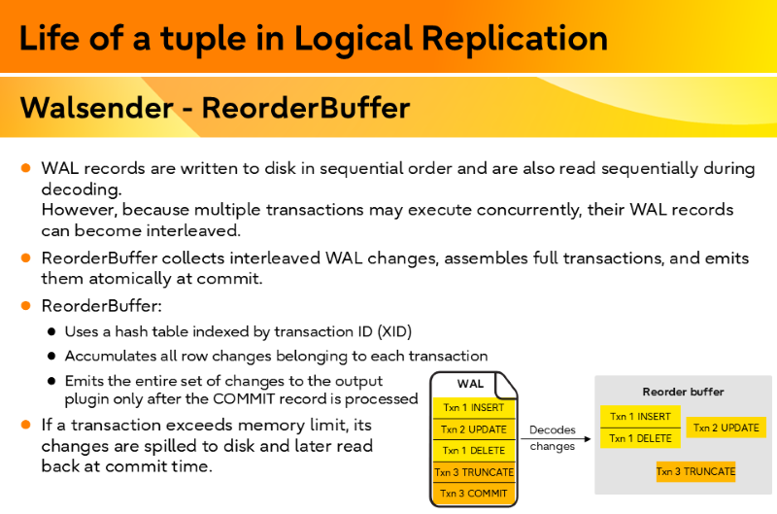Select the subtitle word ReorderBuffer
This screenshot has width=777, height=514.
(306, 107)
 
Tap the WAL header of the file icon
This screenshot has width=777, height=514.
(470, 384)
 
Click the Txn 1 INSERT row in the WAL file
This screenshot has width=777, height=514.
(473, 408)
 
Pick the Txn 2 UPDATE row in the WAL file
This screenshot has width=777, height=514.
(473, 429)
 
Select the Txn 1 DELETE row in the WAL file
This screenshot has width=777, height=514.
(473, 451)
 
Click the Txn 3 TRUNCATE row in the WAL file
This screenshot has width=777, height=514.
(473, 472)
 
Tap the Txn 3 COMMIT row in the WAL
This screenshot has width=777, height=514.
(473, 494)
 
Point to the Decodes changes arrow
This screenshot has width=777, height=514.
(555, 439)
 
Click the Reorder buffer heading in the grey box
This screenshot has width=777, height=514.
(683, 392)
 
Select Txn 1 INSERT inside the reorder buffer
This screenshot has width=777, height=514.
(640, 417)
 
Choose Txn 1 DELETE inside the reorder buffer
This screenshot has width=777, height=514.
(640, 438)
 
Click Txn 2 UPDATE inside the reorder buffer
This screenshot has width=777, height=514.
(726, 428)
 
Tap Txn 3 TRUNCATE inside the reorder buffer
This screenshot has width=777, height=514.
(695, 472)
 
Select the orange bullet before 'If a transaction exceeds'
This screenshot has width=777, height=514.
(26, 425)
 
